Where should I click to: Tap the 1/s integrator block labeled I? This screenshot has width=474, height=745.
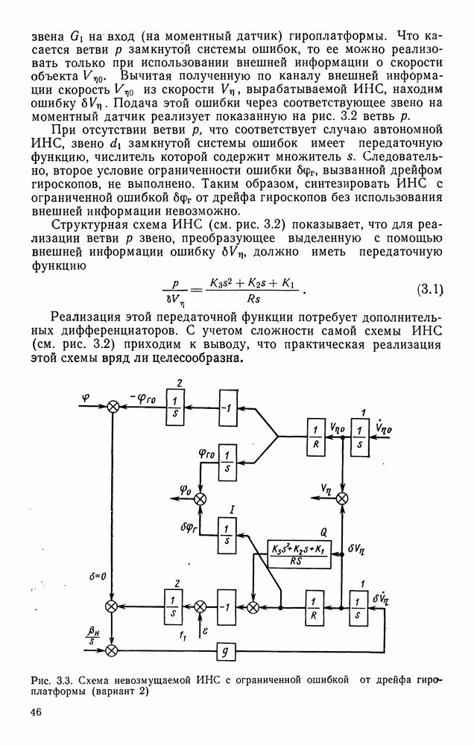(x=226, y=534)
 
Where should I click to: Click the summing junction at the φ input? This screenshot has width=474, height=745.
(x=114, y=406)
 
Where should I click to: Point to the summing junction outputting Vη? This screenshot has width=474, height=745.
(x=342, y=498)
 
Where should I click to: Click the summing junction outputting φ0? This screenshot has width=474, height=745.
(x=200, y=501)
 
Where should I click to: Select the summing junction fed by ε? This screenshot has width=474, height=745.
(x=200, y=606)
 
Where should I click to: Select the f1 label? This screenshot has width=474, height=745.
(x=183, y=635)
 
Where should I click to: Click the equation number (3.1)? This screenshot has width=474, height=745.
(x=429, y=289)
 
